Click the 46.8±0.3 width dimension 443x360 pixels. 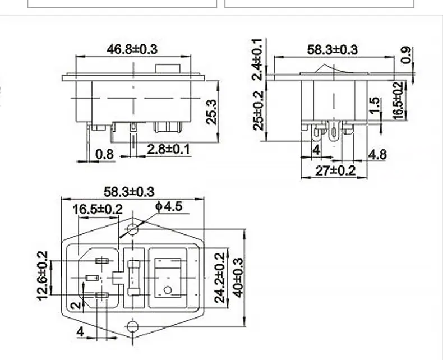click(132, 49)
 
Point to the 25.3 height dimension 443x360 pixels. click(211, 112)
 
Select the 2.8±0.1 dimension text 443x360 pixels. click(168, 149)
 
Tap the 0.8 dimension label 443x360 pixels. click(104, 154)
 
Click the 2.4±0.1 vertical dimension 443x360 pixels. click(258, 59)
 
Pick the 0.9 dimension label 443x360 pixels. click(405, 55)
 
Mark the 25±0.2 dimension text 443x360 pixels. click(258, 110)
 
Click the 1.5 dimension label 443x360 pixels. click(375, 105)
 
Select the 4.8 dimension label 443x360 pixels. click(377, 154)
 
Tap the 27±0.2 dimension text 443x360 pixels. click(335, 170)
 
